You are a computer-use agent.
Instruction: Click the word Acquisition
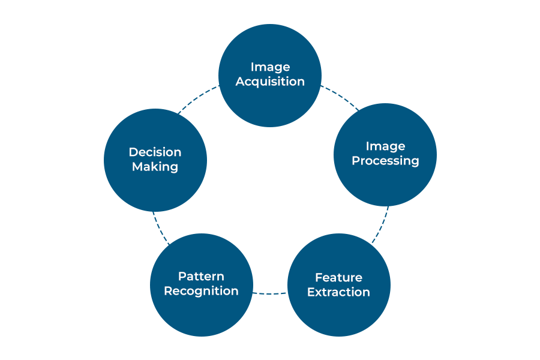pyautogui.click(x=270, y=82)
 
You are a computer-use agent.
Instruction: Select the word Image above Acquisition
pyautogui.click(x=270, y=67)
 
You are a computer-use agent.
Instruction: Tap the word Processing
pyautogui.click(x=385, y=161)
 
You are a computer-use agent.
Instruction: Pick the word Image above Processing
pyautogui.click(x=385, y=146)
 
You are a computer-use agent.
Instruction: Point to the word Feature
pyautogui.click(x=338, y=277)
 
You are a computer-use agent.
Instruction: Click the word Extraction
pyautogui.click(x=338, y=292)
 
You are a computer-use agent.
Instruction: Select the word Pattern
pyautogui.click(x=201, y=276)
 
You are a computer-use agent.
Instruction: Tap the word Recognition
pyautogui.click(x=201, y=291)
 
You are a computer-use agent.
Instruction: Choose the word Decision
pyautogui.click(x=155, y=152)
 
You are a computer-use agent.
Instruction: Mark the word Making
pyautogui.click(x=155, y=167)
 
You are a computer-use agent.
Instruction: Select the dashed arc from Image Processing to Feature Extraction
pyautogui.click(x=382, y=225)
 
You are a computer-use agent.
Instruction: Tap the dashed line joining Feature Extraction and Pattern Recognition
pyautogui.click(x=270, y=293)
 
